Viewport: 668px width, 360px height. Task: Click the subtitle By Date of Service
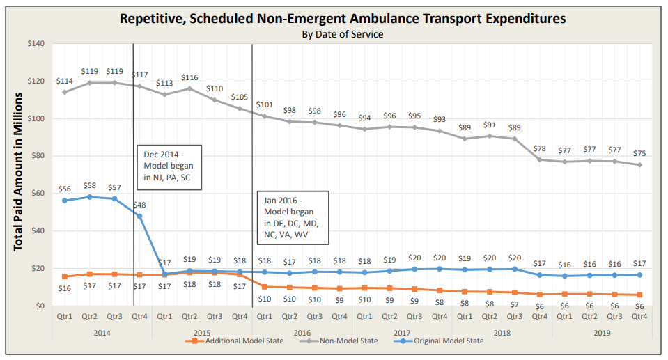click(342, 33)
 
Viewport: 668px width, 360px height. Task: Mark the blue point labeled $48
click(139, 216)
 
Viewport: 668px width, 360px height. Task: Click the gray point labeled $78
click(539, 159)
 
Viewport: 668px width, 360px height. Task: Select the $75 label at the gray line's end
click(639, 154)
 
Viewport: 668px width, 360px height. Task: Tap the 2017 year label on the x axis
click(402, 333)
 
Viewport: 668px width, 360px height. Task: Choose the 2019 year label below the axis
click(602, 333)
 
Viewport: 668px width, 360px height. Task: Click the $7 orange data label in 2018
click(514, 304)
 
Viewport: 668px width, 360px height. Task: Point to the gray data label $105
click(240, 97)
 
